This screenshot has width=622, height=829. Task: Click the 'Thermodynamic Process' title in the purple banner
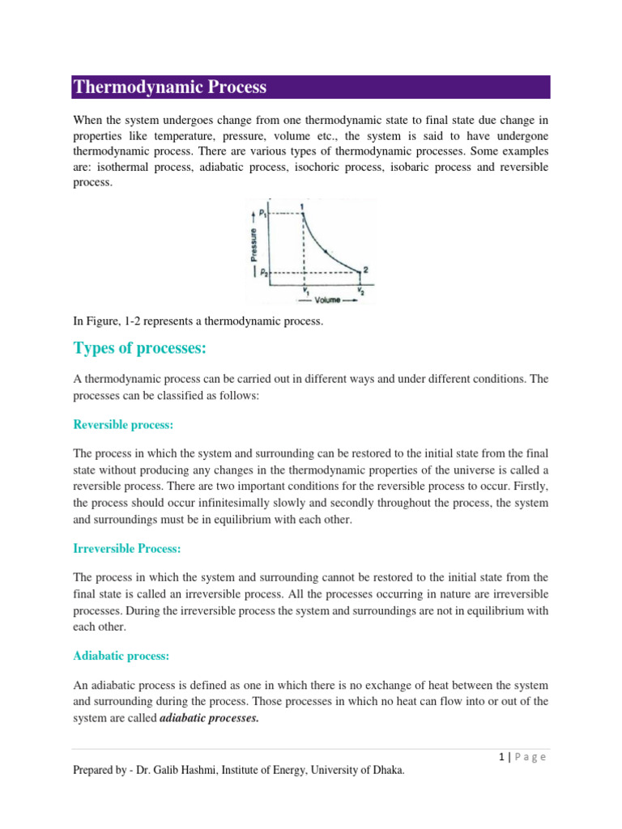(x=170, y=87)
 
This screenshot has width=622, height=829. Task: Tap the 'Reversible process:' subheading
(x=124, y=424)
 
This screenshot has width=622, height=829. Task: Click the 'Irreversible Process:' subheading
(x=127, y=548)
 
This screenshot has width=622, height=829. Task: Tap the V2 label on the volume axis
(x=360, y=290)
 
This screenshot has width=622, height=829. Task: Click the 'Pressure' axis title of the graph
(x=253, y=243)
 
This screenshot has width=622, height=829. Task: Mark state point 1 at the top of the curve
(x=303, y=206)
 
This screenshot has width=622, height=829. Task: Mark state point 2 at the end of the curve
(x=365, y=269)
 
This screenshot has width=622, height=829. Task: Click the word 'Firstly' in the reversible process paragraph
(x=530, y=487)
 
